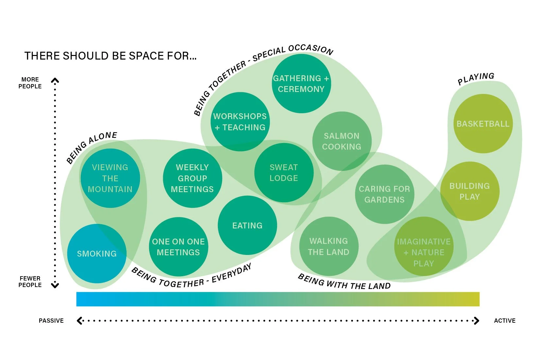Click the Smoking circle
pos(97,254)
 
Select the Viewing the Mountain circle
pos(110,178)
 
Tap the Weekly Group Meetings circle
pos(192,178)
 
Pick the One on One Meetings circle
pos(178,247)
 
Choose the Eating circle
pos(247,225)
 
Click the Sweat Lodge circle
pos(284,172)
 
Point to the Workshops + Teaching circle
pos(240,122)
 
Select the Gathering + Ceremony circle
pos(301,83)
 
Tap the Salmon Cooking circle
pos(342,141)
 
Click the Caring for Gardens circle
pos(385,194)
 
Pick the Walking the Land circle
pos(329,246)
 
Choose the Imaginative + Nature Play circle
pos(424,252)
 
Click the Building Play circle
pos(470,191)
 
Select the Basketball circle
pos(483,124)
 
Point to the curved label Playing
pos(476,79)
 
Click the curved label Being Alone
pos(92,147)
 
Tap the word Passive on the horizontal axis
pos(51,321)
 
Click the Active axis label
pos(505,321)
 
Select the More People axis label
pos(30,83)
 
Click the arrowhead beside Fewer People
pos(55,285)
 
